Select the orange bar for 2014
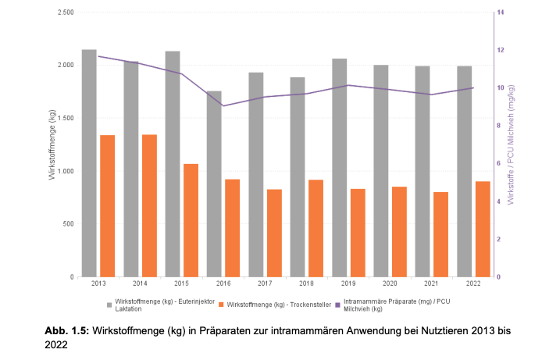tap(149, 205)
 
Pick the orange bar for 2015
tap(191, 220)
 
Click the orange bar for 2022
tap(483, 229)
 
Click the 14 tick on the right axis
tap(500, 13)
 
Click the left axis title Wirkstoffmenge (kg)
tap(52, 145)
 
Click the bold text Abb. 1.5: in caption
tap(67, 331)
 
